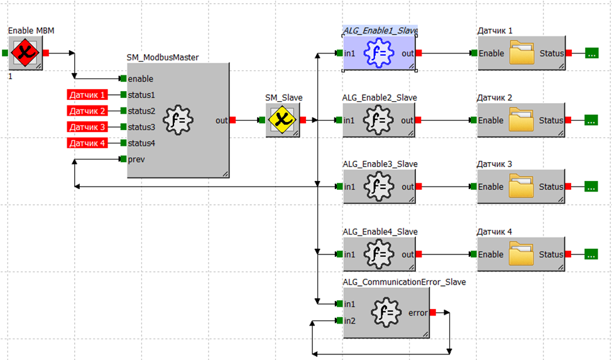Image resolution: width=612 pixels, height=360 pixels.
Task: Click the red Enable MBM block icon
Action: pyautogui.click(x=25, y=53)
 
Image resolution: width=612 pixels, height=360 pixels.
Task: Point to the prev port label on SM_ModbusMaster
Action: pyautogui.click(x=136, y=159)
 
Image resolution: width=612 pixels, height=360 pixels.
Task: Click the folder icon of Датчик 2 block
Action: pyautogui.click(x=521, y=120)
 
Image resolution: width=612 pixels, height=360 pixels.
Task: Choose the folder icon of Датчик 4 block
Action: pyautogui.click(x=521, y=254)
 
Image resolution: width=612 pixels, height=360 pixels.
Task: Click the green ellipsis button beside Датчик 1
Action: pyautogui.click(x=591, y=53)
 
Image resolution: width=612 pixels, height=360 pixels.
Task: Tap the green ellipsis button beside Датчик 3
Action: pyautogui.click(x=591, y=187)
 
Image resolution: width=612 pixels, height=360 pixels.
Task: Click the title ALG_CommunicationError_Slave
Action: pyautogui.click(x=404, y=282)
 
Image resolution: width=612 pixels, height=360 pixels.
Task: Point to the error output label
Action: pyautogui.click(x=418, y=312)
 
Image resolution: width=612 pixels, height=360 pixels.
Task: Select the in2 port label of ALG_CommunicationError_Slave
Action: pyautogui.click(x=350, y=321)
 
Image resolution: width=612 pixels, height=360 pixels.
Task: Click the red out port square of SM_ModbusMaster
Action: pyautogui.click(x=232, y=120)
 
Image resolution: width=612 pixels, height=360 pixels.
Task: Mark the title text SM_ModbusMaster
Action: pyautogui.click(x=163, y=57)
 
